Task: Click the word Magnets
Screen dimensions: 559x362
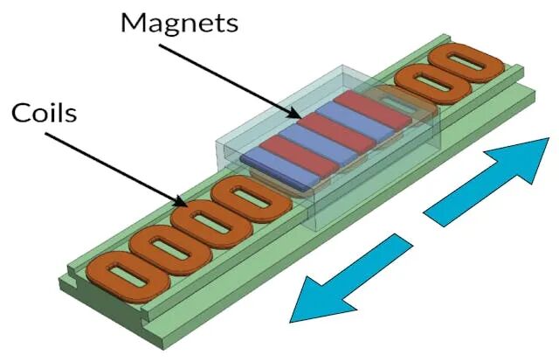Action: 179,23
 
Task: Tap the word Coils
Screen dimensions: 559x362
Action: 45,113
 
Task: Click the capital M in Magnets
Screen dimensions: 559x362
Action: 135,22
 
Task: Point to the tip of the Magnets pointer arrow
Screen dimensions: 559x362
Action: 301,118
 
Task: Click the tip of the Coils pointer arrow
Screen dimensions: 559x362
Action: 188,206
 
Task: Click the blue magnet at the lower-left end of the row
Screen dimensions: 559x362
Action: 278,168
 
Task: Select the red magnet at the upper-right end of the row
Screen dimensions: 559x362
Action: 373,109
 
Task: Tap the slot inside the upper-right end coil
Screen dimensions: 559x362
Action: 466,63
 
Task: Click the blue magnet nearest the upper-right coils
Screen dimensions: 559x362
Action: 354,121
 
